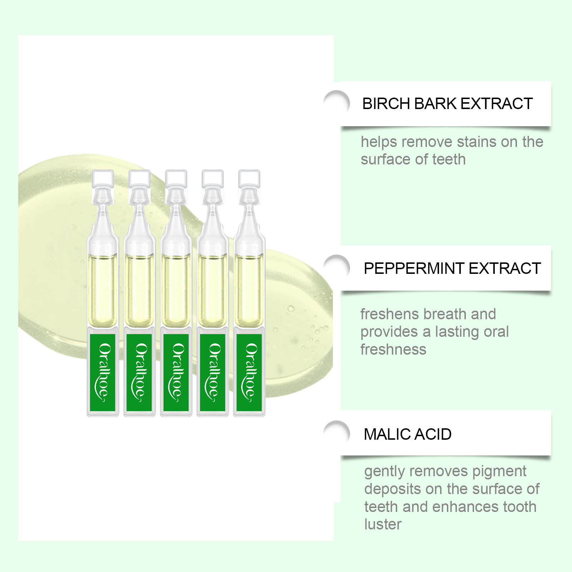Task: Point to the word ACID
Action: (434, 434)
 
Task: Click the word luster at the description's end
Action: (383, 524)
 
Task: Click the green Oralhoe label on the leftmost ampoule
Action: (103, 372)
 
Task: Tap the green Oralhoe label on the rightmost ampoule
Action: (249, 372)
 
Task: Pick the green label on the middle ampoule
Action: (176, 372)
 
